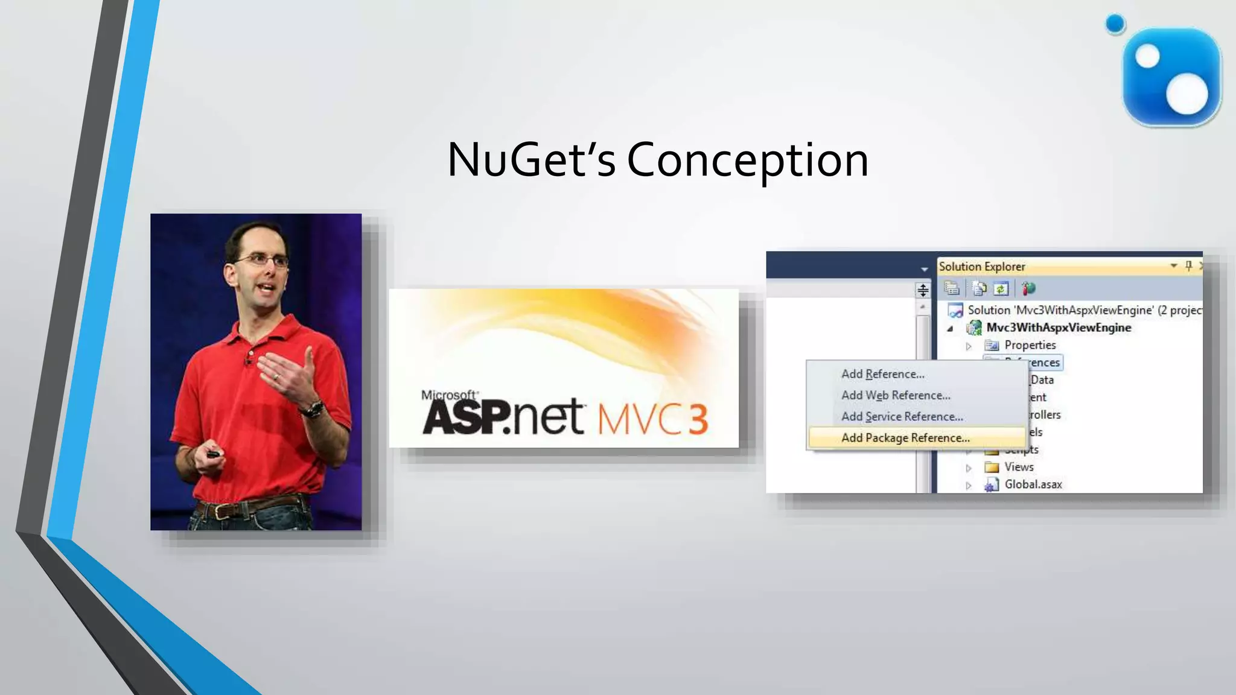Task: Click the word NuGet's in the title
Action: coord(531,160)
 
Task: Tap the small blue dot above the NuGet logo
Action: coord(1115,24)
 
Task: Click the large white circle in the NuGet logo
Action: coord(1187,94)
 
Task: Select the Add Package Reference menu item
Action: coord(905,438)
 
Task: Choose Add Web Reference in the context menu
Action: coord(896,395)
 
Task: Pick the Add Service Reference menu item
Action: coord(902,416)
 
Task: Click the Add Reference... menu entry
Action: coord(882,374)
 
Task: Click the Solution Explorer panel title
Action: coord(982,267)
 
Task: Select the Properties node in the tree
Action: coord(1030,345)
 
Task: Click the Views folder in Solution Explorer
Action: coord(1019,467)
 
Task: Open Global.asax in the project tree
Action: coord(1033,484)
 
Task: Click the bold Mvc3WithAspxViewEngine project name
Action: coord(1059,328)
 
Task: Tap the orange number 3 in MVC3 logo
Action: coord(698,419)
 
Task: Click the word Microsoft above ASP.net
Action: coord(449,395)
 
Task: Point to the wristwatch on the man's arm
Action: coord(313,410)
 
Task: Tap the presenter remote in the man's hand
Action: coord(212,454)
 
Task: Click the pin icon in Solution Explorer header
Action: coord(1188,265)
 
